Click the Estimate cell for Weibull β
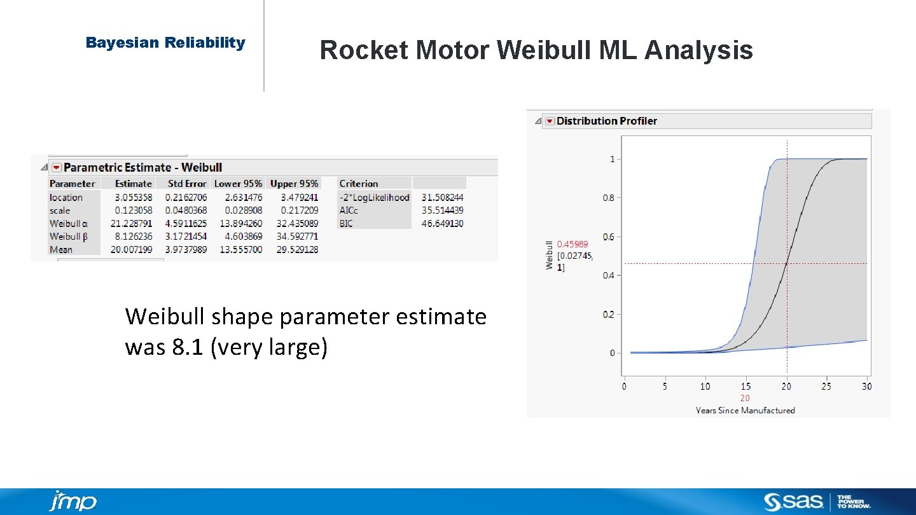pos(134,237)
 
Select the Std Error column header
pos(187,184)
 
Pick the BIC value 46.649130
pos(442,224)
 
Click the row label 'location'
pos(66,198)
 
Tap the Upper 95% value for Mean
pos(294,250)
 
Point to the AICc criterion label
pos(349,210)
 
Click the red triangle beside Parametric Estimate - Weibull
pos(57,167)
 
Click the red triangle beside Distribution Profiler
pos(550,121)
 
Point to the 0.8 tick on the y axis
pos(609,198)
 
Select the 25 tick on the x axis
pos(826,387)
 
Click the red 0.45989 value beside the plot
pos(572,244)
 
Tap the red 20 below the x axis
pos(745,399)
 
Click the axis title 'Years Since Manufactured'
pos(745,411)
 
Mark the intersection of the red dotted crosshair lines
pos(787,263)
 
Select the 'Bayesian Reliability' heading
pos(165,43)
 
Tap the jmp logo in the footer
pos(73,501)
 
